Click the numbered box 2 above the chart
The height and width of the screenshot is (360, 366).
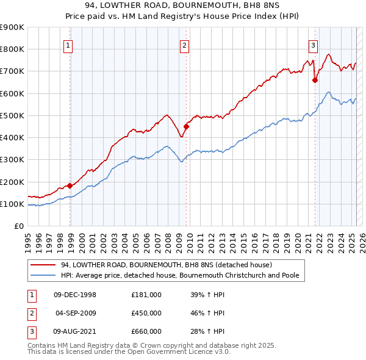184,45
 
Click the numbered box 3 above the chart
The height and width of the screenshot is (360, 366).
313,45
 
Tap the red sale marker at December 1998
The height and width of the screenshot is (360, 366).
70,185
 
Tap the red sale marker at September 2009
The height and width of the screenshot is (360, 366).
187,126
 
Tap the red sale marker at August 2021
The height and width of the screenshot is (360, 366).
315,80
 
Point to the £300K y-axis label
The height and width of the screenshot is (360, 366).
13,160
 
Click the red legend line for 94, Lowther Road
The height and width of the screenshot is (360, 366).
43,265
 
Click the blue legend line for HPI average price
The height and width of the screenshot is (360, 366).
43,276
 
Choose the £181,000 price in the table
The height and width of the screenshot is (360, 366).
146,295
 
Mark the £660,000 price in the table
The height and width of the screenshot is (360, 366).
146,331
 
